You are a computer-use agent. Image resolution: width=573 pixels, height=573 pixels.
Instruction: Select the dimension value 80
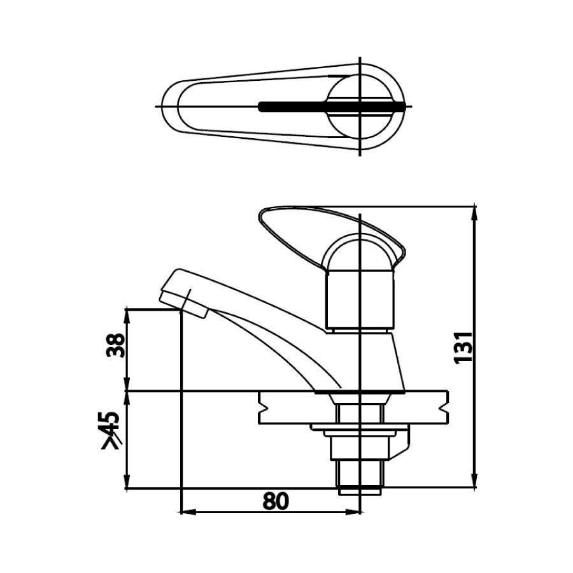(275, 501)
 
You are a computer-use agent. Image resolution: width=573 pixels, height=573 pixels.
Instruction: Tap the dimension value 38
(116, 345)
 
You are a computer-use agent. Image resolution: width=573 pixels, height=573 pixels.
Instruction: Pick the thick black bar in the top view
(331, 107)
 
